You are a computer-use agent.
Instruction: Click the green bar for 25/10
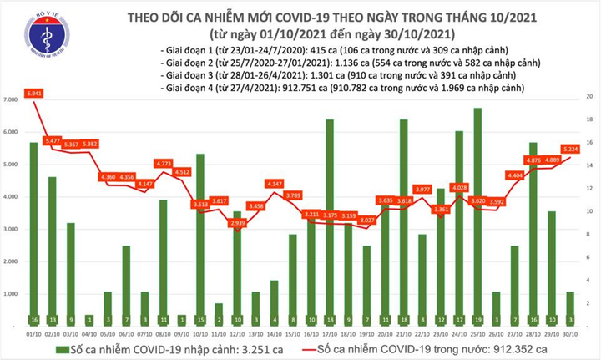(x=477, y=217)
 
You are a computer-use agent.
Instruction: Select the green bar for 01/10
(x=33, y=234)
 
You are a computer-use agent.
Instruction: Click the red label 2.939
(x=237, y=225)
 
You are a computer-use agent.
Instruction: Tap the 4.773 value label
(x=164, y=164)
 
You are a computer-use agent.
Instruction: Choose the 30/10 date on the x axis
(x=568, y=334)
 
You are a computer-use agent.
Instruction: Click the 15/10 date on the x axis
(x=292, y=334)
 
